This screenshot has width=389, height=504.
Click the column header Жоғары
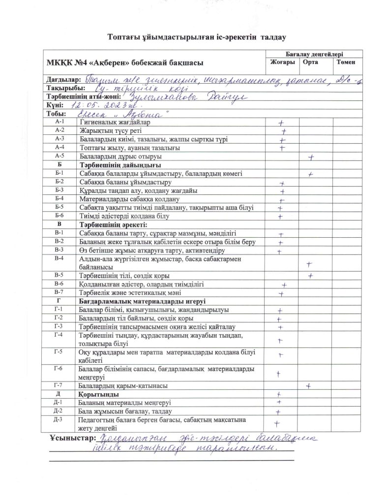282,63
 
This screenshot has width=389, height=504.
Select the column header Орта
310,63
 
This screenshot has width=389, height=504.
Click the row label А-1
60,122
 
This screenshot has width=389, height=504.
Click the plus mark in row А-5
311,157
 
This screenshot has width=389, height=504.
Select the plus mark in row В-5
311,276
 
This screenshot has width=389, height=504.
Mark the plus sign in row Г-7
308,386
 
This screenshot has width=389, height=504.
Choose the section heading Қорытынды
98,395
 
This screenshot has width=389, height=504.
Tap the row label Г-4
60,335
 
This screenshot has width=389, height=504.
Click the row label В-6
60,284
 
